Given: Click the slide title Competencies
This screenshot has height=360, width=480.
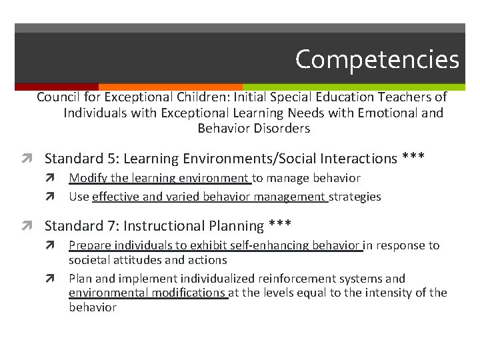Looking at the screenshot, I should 377,59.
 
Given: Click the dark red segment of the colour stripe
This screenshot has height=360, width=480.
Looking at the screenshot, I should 56,87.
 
